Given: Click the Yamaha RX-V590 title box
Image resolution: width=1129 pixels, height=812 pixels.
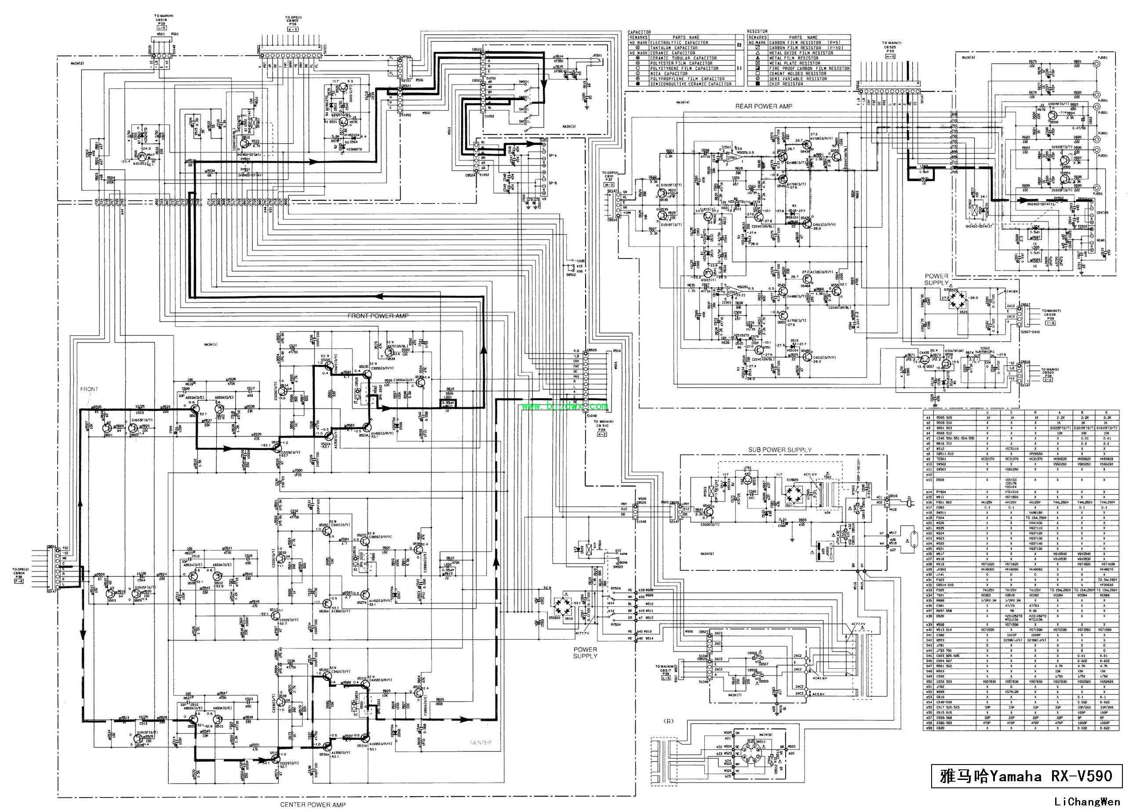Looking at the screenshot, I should [1027, 776].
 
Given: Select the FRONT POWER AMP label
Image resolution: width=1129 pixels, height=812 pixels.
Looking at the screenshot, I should [379, 316].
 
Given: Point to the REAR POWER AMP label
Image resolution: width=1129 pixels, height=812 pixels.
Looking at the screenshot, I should [764, 106].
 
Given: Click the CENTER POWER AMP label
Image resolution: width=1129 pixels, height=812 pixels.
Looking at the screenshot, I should [313, 804].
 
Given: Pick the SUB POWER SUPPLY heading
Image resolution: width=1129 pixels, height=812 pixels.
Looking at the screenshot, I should [779, 450].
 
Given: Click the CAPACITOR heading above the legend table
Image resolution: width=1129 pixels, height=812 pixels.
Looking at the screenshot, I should [640, 32].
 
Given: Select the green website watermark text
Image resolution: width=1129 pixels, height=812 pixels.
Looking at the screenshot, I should [565, 406].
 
